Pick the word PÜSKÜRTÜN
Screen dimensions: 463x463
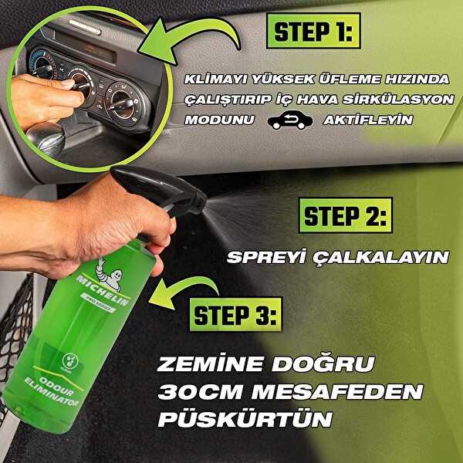(x=245, y=421)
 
